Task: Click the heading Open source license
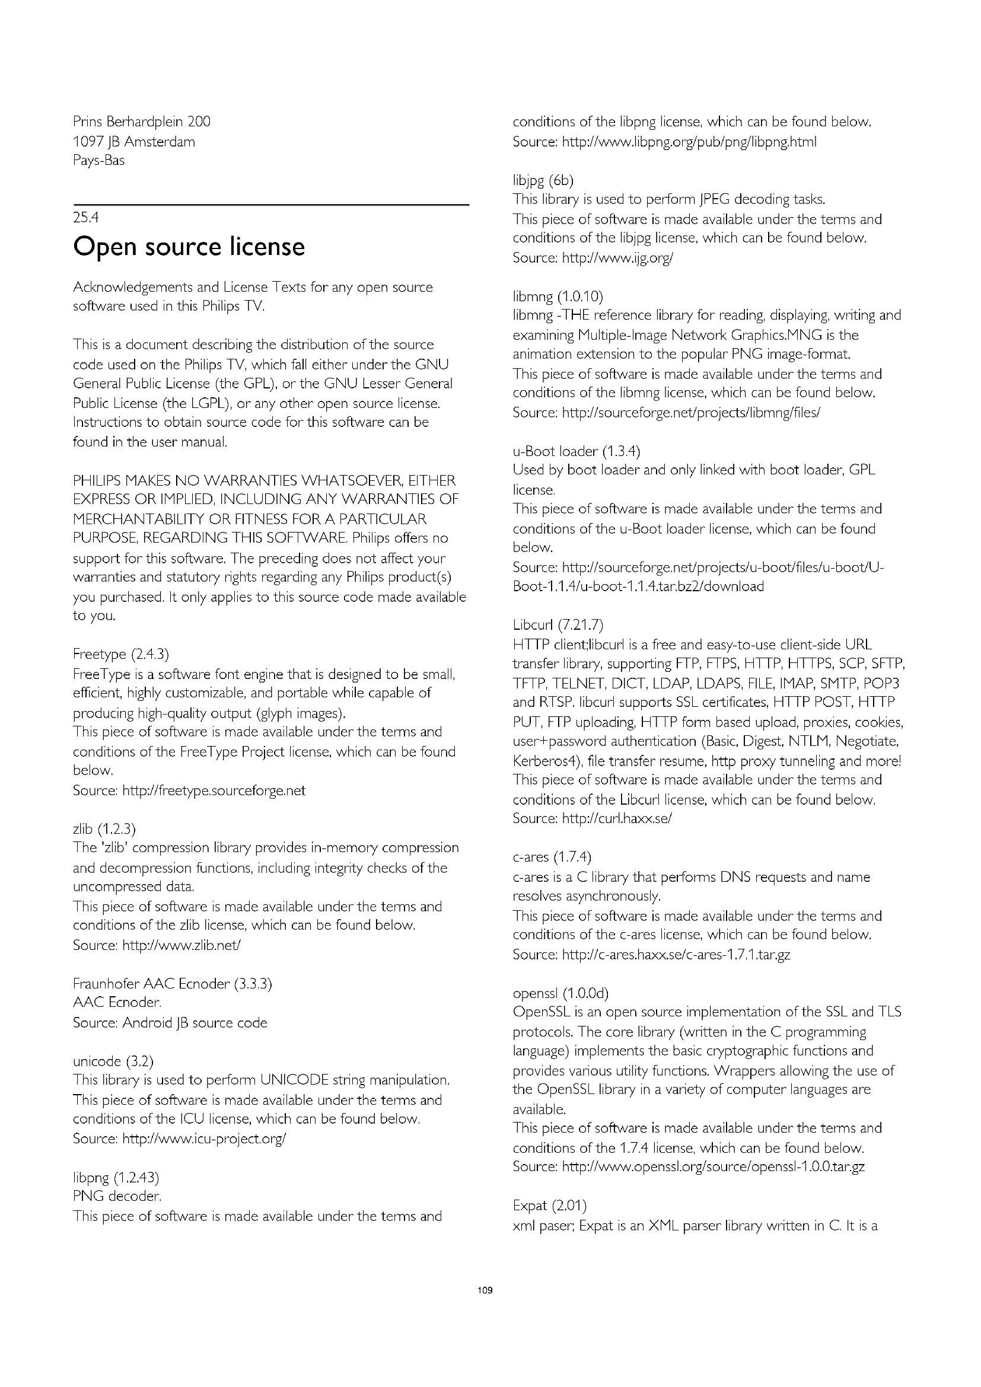[189, 247]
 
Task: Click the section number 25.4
[86, 218]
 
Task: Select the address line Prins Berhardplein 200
[141, 122]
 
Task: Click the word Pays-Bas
[98, 161]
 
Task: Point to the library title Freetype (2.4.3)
[121, 654]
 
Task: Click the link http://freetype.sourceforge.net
[214, 790]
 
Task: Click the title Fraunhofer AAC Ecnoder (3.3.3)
[172, 983]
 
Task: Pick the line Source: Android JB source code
[170, 1022]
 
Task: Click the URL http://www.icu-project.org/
[203, 1138]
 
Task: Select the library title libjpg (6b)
[543, 180]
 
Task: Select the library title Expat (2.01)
[549, 1206]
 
